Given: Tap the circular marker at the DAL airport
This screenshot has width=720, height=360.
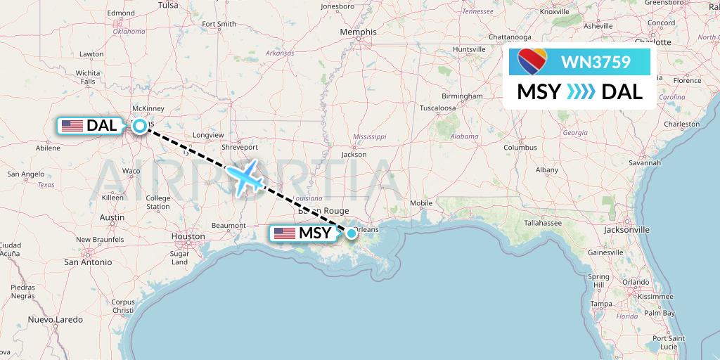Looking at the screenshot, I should tap(140, 126).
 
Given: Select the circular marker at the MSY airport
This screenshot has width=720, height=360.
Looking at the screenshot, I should tap(351, 233).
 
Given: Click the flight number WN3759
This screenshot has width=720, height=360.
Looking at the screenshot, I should tap(591, 63).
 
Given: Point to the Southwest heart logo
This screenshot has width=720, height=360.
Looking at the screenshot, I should tap(533, 63).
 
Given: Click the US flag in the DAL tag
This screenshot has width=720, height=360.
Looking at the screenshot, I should tap(72, 126).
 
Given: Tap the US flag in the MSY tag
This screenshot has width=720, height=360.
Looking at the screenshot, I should tap(285, 233).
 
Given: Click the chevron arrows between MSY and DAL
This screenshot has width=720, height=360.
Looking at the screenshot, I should tap(581, 91).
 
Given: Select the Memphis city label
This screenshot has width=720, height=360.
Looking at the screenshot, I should tap(358, 32).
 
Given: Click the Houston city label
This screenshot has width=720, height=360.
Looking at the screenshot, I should tap(188, 237).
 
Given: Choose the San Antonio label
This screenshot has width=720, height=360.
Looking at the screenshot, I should tap(88, 262).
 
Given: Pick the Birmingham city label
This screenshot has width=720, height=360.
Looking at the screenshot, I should tap(462, 96).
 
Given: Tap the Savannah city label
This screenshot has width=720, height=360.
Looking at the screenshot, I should tap(645, 162).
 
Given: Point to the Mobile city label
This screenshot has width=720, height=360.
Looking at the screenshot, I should tap(421, 203).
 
